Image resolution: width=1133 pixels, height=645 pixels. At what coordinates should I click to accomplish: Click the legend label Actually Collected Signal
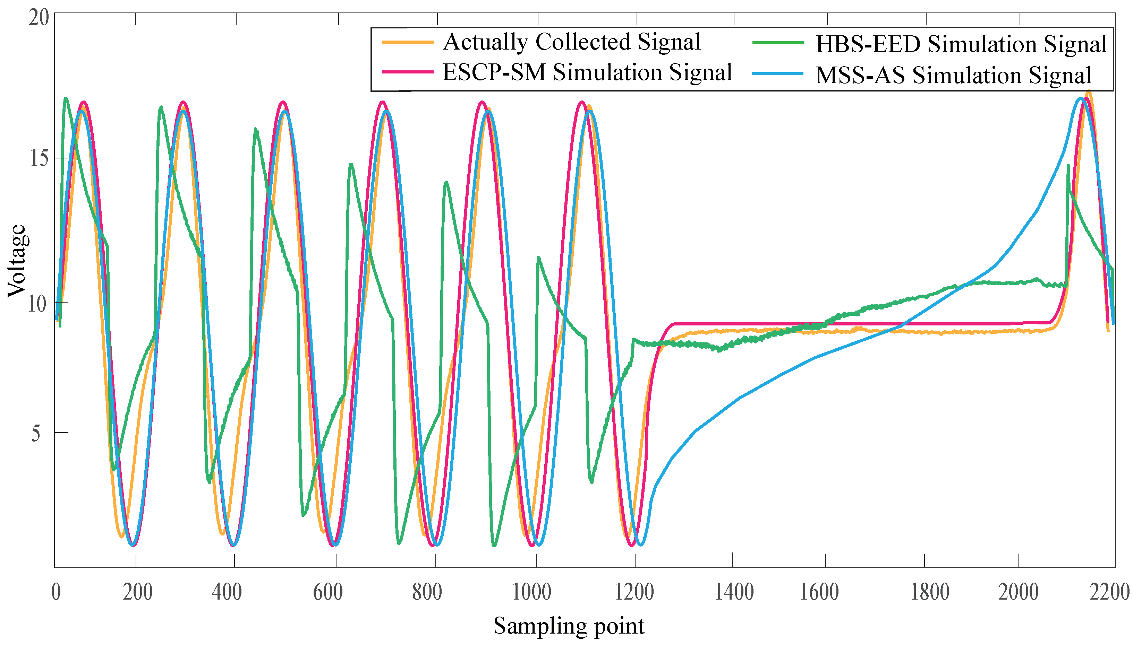(571, 42)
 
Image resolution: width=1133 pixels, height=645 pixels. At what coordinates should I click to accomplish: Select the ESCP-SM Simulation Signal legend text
(587, 72)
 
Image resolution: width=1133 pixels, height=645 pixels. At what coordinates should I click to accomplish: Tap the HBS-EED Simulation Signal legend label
(961, 44)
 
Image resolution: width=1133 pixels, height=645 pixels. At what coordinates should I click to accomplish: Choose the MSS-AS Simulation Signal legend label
(953, 75)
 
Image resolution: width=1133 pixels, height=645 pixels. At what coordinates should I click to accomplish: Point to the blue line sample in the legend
(777, 74)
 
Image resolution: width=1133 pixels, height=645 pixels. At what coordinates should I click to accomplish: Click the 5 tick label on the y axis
(35, 433)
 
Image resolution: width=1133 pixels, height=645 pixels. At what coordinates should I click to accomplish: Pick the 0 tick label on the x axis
(56, 592)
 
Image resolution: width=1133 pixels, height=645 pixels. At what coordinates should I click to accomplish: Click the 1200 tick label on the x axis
(634, 592)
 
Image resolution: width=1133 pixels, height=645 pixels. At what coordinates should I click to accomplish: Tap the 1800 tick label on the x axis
(930, 592)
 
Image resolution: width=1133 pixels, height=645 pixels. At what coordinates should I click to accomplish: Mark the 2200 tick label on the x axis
(1109, 592)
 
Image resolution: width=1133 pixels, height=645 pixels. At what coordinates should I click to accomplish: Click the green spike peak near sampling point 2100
(1068, 166)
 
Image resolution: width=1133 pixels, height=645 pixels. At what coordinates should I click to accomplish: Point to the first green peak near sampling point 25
(66, 99)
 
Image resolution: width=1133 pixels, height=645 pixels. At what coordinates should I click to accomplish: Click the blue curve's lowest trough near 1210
(640, 544)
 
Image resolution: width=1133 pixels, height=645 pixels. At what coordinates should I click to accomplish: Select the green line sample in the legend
(777, 43)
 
